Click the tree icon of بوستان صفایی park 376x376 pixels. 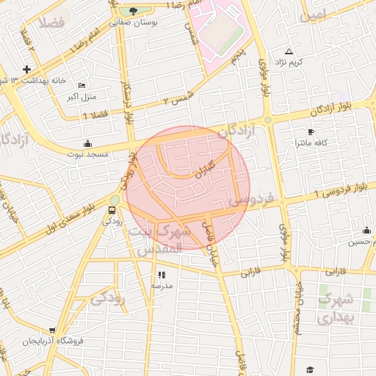click(x=132, y=10)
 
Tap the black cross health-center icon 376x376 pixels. click(x=26, y=70)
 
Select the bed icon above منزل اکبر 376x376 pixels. click(x=82, y=85)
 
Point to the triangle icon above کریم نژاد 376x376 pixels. click(x=288, y=51)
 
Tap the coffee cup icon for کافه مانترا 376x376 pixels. click(x=311, y=132)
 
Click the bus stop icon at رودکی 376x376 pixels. click(x=112, y=208)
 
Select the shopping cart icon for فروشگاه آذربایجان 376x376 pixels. click(x=51, y=331)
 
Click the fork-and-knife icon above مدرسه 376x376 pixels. click(x=161, y=275)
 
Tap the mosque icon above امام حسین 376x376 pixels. click(x=366, y=231)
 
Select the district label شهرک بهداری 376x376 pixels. click(x=337, y=308)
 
